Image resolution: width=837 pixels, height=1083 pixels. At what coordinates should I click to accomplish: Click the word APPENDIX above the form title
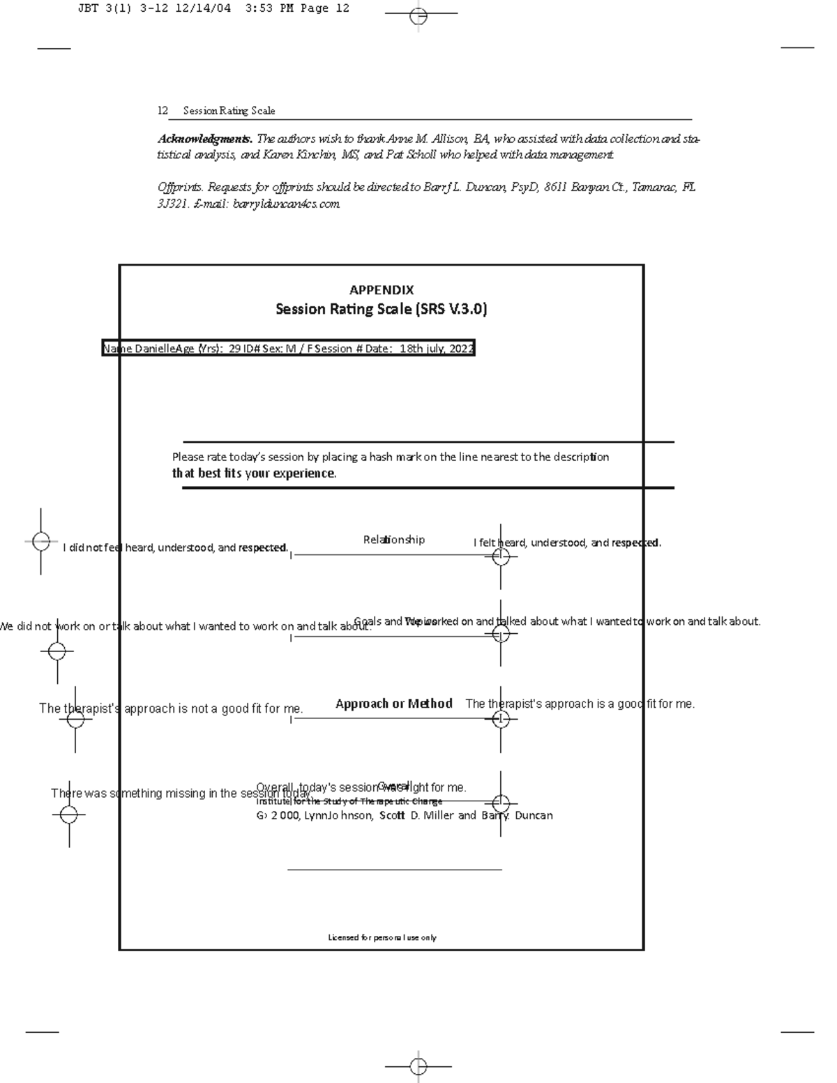[382, 290]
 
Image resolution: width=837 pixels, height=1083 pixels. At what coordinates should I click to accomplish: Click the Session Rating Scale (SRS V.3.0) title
[381, 309]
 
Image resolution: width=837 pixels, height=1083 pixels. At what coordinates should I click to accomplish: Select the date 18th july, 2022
[437, 349]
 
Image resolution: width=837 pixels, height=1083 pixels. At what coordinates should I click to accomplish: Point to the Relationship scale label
[393, 540]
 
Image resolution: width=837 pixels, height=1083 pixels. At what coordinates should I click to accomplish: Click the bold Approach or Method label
[394, 704]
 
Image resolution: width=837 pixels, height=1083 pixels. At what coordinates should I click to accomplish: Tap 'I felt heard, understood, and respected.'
[567, 543]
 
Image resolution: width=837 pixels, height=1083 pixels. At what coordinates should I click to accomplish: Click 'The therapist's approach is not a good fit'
[171, 709]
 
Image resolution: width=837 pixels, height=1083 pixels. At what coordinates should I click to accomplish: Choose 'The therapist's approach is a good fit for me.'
[580, 704]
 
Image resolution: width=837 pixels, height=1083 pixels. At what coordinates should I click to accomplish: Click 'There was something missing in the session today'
[181, 794]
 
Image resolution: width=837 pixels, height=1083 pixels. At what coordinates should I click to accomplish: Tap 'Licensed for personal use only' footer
[382, 938]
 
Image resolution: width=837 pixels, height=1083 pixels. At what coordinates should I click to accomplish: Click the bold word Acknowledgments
[204, 139]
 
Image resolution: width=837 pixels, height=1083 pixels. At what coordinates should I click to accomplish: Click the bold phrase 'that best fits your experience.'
[254, 474]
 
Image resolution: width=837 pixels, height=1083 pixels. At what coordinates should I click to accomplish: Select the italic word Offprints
[180, 187]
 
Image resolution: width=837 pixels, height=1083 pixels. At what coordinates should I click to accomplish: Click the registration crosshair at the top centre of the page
[418, 15]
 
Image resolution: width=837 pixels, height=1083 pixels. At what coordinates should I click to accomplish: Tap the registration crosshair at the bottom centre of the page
[418, 1066]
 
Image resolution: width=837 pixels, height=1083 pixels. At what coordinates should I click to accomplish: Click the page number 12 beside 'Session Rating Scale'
[163, 111]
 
